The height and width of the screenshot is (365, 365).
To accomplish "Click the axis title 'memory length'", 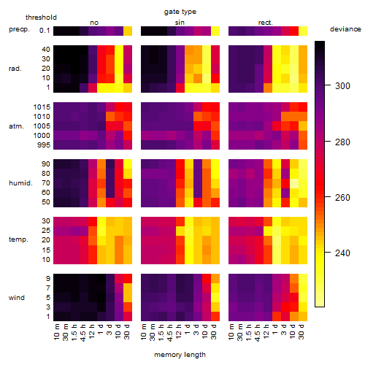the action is coord(180,355).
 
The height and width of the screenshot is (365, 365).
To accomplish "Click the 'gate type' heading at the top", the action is coord(180,12).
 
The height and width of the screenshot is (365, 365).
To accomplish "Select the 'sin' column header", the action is coord(180,23).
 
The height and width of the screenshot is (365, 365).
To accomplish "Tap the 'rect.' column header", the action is coord(265,23).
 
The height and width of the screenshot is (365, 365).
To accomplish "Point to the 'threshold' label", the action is coord(41,18).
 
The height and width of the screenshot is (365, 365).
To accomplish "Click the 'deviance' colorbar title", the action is coord(345,29).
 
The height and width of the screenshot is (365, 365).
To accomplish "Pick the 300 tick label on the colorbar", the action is coord(342,86).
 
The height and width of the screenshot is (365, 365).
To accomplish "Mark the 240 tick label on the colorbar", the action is coord(342,253).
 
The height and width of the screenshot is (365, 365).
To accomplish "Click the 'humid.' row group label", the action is coord(20,183).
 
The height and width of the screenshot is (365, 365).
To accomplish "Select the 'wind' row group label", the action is coord(17,298).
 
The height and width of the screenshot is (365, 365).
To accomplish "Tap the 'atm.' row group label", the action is coord(16,126).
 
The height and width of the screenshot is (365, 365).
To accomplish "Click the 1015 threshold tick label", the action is coord(42,107).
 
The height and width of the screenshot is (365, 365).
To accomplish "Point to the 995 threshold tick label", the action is coord(44,145).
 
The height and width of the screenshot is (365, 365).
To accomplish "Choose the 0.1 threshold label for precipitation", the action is coord(45,31).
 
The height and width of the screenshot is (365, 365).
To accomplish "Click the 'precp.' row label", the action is coord(19,29).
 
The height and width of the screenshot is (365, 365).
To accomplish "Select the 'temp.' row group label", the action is coord(18,239).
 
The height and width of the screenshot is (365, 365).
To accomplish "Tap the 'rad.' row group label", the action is coord(15,69).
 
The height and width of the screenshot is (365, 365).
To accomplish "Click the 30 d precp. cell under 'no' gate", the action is coord(128,31).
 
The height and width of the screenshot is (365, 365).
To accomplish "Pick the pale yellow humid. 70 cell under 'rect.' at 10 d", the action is coord(294,183).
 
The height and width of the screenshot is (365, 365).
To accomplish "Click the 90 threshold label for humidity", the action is coord(46,164).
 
